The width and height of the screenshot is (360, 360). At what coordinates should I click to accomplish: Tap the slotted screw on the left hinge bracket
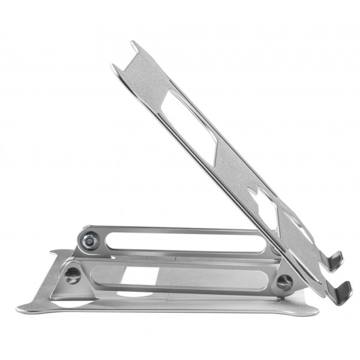click(x=72, y=276)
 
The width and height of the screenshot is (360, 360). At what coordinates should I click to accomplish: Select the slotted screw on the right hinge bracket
click(x=284, y=281)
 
